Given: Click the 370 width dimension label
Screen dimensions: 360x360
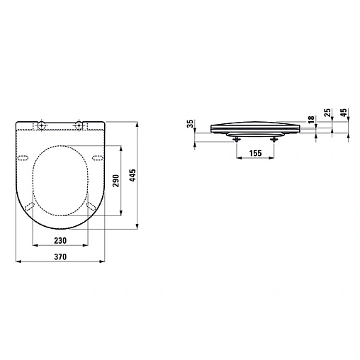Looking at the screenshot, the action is tap(60, 257).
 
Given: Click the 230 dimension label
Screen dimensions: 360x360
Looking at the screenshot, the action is tap(60, 240).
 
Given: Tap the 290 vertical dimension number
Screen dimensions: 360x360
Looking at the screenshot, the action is tap(116, 181).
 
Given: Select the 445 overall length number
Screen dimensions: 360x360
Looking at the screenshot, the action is tap(133, 175).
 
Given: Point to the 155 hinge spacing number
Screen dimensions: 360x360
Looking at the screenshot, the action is tap(255, 153).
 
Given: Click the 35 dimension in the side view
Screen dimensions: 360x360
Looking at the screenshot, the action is tap(190, 123).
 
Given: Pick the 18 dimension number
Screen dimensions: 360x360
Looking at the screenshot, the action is tap(311, 119).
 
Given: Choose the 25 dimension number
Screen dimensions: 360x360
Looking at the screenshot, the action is tap(327, 113).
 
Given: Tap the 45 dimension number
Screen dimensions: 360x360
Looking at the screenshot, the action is tap(344, 113).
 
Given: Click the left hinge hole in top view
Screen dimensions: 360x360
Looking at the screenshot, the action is tap(42, 124).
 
